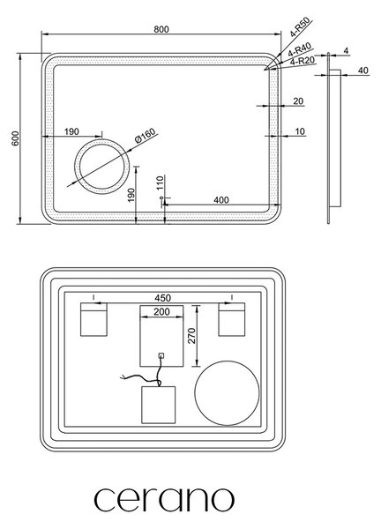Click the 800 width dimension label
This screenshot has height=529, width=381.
(161, 29)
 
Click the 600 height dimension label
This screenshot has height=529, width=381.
(16, 138)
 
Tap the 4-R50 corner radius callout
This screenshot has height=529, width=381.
(301, 28)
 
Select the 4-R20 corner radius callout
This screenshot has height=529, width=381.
(303, 61)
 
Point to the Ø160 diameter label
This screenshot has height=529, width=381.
(146, 136)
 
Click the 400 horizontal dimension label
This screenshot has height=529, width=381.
(221, 200)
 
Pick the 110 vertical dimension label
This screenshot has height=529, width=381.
(161, 183)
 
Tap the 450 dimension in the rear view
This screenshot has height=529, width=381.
(162, 298)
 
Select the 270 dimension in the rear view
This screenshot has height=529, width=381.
(191, 335)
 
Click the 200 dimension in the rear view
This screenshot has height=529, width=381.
(161, 312)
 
